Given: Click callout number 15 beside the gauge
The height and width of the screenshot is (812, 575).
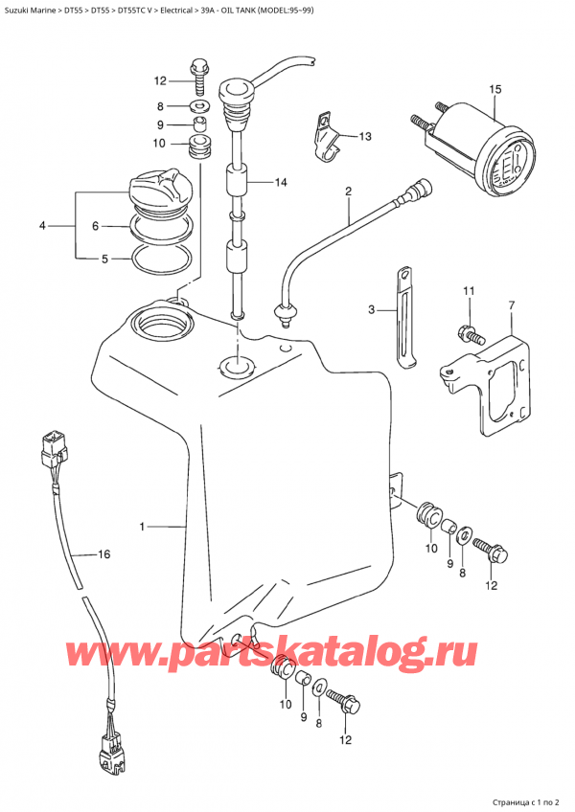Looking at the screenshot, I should [494, 90].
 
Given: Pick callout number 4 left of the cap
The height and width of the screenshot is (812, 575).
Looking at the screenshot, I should [42, 226].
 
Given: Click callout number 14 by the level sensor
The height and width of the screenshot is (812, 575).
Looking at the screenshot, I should [280, 182].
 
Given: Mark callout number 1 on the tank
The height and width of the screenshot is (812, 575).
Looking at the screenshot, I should [142, 526].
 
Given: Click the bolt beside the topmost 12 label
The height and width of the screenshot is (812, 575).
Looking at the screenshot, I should [199, 68].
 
